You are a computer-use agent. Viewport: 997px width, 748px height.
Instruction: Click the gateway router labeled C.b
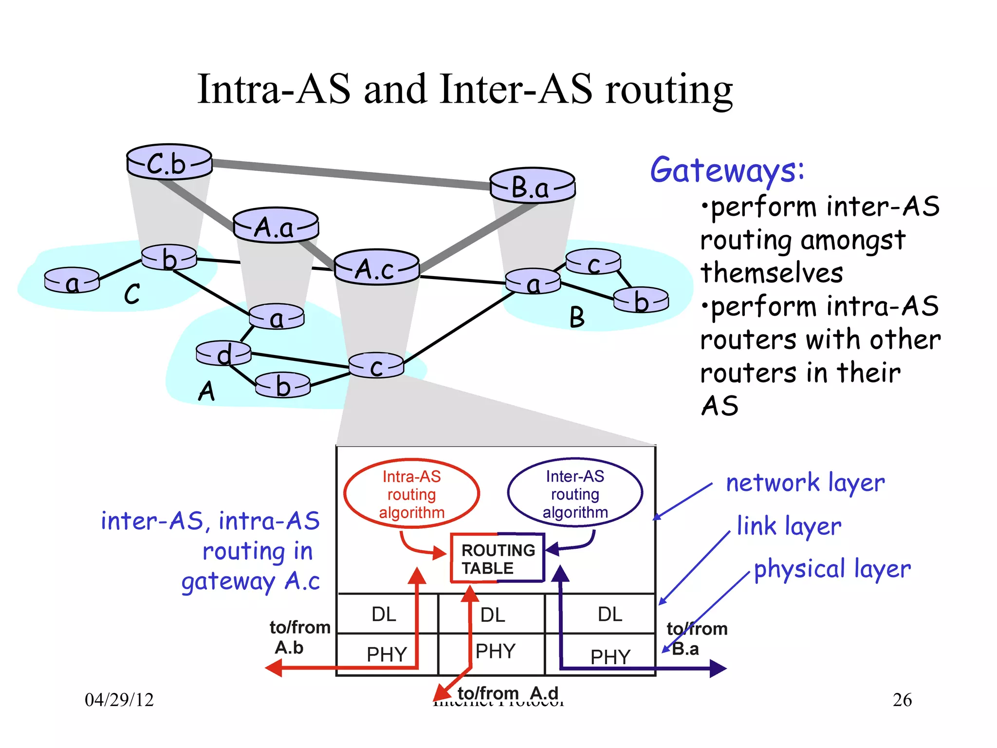pos(169,163)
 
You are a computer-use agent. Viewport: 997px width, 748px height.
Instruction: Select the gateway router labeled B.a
pos(532,186)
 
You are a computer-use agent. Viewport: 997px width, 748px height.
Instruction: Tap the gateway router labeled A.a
pos(276,226)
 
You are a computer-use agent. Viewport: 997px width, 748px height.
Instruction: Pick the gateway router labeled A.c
pos(376,268)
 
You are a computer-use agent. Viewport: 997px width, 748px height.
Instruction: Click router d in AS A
pos(223,354)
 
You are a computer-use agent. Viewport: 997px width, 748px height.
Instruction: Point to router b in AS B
pos(641,300)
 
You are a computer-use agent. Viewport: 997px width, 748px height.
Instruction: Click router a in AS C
pos(72,281)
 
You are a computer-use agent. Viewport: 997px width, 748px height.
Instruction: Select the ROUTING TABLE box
pos(497,559)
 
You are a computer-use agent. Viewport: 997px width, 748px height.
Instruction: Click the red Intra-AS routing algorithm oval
pos(411,494)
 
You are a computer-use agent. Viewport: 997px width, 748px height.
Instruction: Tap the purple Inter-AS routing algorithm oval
pos(575,493)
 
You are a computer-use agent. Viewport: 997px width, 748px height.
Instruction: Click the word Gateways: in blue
pos(727,170)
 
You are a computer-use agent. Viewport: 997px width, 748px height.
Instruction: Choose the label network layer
pos(805,483)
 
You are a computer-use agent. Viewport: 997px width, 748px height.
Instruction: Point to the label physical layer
pos(832,569)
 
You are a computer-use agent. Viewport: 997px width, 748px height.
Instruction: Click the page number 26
pos(902,700)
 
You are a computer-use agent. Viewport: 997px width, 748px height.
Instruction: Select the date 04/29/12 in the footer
pos(119,700)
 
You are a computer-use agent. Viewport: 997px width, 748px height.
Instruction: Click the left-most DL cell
pos(384,614)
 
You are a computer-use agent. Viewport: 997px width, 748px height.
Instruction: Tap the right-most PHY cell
pos(610,656)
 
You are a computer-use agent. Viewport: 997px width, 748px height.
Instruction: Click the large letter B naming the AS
pos(577,318)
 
